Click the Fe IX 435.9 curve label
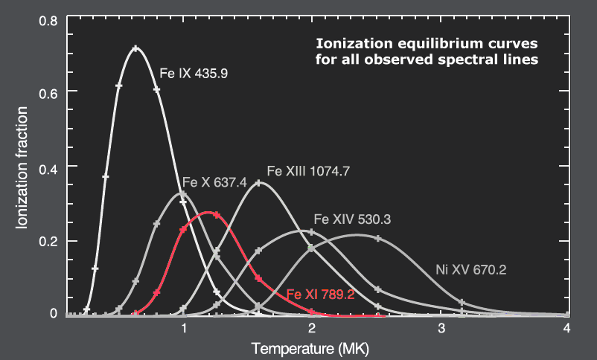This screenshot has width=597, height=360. pyautogui.click(x=194, y=74)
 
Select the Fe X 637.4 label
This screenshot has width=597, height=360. pyautogui.click(x=214, y=183)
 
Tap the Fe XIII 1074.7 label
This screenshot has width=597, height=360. pyautogui.click(x=307, y=170)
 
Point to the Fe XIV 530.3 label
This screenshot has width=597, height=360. pyautogui.click(x=353, y=219)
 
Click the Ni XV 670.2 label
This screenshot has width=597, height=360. pyautogui.click(x=470, y=270)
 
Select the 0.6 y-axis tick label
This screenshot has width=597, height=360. pyautogui.click(x=49, y=91)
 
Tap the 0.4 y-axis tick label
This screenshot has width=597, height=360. pyautogui.click(x=49, y=166)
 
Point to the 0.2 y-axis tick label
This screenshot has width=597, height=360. pyautogui.click(x=49, y=241)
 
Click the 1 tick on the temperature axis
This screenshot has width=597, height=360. pyautogui.click(x=183, y=328)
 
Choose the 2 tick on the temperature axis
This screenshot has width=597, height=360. pyautogui.click(x=312, y=328)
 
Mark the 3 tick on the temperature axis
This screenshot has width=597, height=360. pyautogui.click(x=441, y=328)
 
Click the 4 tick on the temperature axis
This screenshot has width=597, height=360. pyautogui.click(x=567, y=328)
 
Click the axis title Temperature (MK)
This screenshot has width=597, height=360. pyautogui.click(x=310, y=348)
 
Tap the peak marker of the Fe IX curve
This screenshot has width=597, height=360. pyautogui.click(x=135, y=49)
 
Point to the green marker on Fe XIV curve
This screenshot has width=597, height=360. pyautogui.click(x=311, y=248)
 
